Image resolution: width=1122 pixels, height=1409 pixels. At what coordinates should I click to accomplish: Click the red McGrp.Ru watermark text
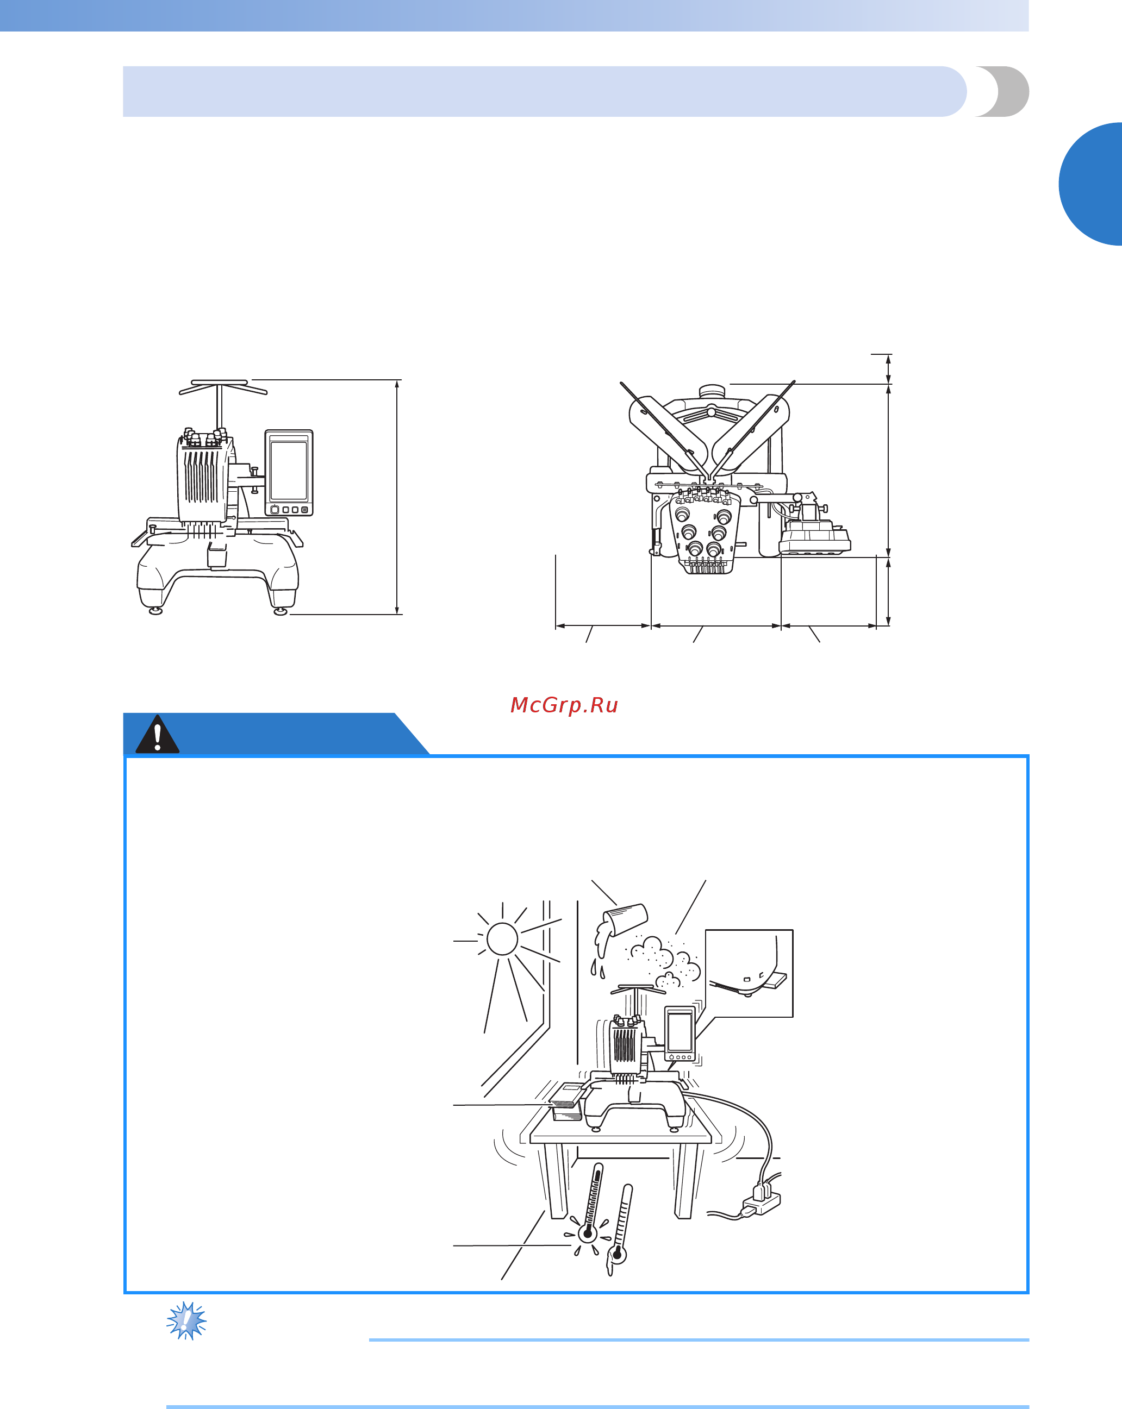[x=564, y=705]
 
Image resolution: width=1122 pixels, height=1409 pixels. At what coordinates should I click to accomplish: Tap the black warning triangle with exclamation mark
[x=158, y=735]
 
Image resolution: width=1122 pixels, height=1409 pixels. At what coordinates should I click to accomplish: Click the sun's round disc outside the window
[x=502, y=938]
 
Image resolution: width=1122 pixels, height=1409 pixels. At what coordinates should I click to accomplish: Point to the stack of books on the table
[x=566, y=1103]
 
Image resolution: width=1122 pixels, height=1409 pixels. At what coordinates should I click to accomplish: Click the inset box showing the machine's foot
[x=749, y=973]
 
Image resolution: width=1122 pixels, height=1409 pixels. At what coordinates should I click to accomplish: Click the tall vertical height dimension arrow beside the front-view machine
[x=397, y=497]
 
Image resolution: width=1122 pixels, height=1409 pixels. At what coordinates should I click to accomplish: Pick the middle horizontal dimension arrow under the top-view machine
[x=716, y=626]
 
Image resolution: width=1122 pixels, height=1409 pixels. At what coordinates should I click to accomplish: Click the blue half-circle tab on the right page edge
[x=1090, y=184]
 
